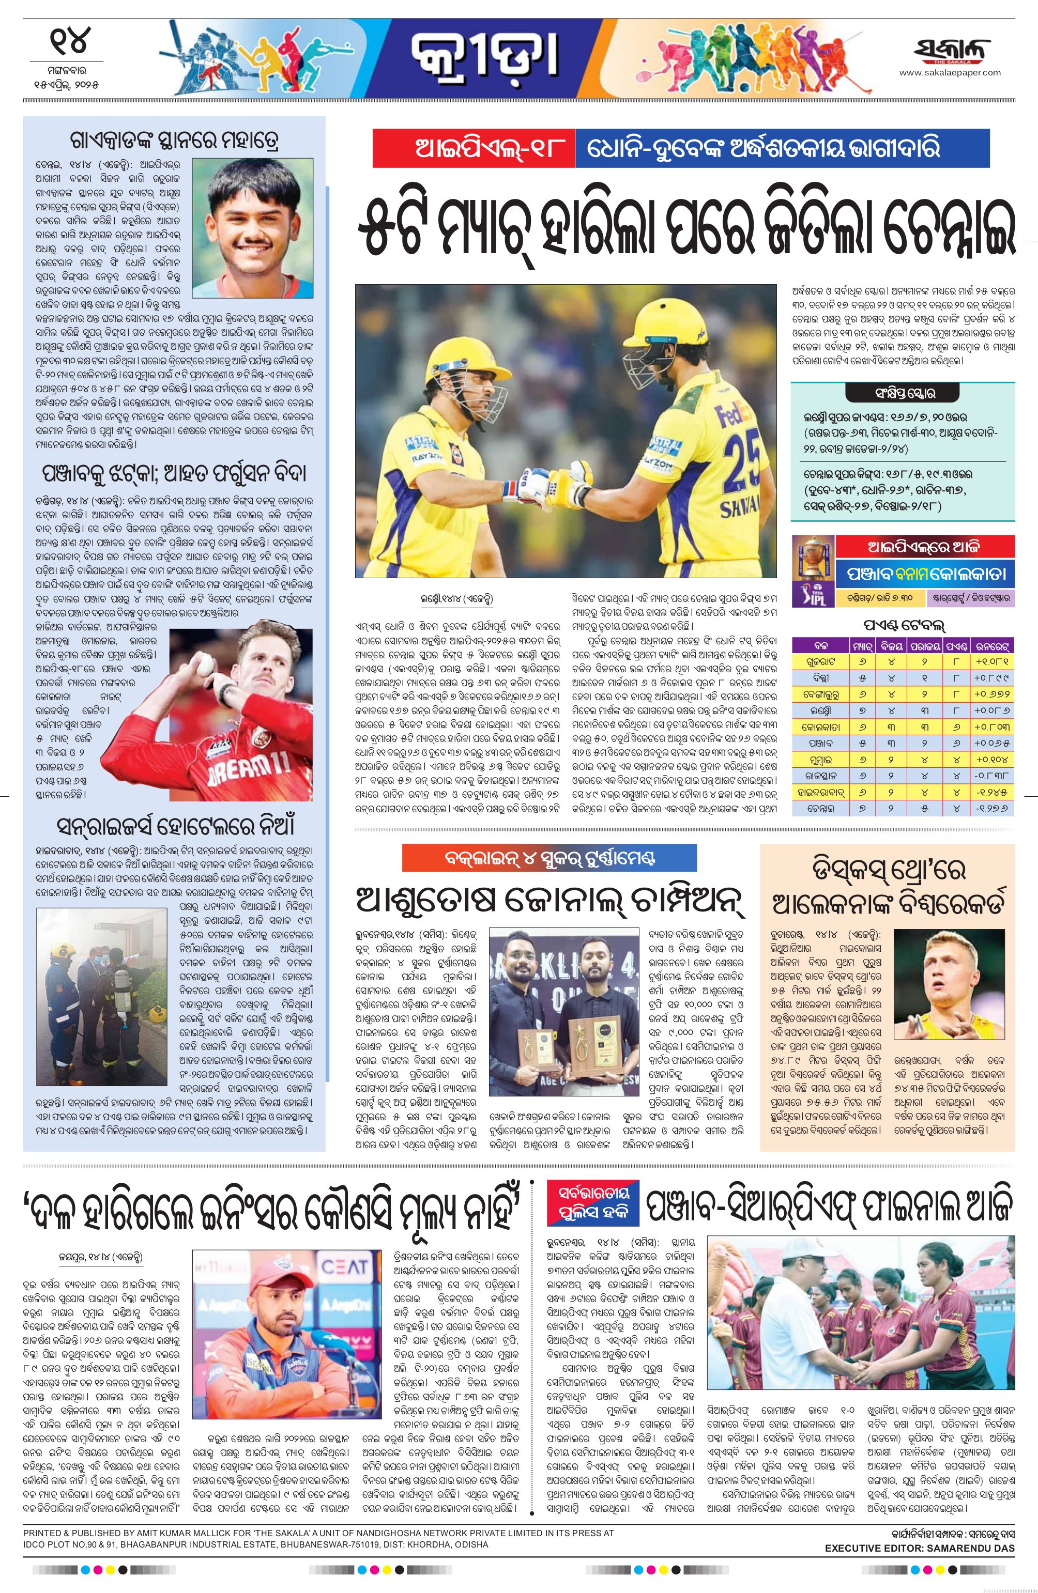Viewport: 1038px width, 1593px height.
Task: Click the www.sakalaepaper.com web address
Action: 950,73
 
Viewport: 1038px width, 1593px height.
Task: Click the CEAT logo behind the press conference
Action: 344,1266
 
